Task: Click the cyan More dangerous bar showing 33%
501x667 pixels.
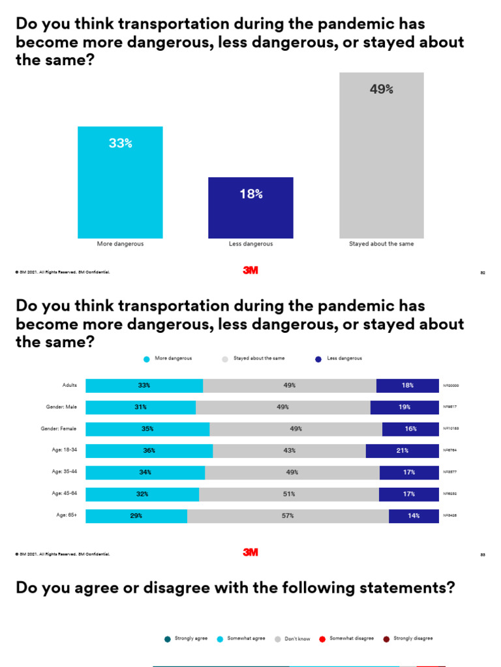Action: pos(120,182)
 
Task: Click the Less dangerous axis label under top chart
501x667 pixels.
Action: pos(250,244)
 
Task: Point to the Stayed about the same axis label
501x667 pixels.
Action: pos(381,244)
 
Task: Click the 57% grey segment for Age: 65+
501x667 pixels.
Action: pos(288,516)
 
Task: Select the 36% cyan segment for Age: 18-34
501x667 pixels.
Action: pos(149,451)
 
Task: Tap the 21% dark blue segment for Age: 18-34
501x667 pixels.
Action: pos(402,451)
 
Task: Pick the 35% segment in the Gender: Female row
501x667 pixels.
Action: pos(147,429)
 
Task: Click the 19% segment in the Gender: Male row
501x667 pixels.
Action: pos(404,407)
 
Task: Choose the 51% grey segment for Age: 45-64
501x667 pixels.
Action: pos(288,494)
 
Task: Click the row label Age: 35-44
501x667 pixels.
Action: pos(65,472)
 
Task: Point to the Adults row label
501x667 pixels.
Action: pos(69,385)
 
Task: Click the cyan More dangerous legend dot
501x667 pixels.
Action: pos(147,359)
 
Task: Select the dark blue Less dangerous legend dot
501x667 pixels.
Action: pos(318,359)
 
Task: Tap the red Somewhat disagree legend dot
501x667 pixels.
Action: pos(322,639)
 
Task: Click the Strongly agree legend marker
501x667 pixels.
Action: pos(167,639)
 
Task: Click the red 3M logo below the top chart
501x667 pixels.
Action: pos(250,270)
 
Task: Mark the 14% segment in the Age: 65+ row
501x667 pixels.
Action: pos(414,516)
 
